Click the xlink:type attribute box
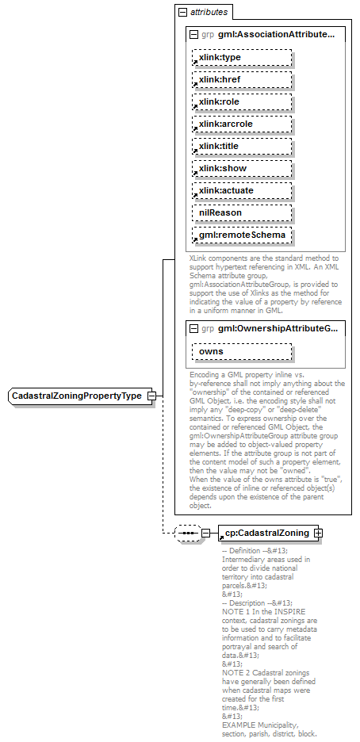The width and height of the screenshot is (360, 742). tap(241, 58)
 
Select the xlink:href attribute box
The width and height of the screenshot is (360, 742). tap(241, 80)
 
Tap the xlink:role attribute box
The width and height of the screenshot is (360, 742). tap(241, 102)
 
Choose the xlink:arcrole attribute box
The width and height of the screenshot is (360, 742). tap(241, 124)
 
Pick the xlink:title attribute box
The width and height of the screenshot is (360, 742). tap(241, 147)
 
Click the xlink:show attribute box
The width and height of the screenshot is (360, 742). tap(241, 169)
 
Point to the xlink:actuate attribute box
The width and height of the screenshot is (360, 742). tap(241, 191)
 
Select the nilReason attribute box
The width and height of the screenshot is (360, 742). tap(241, 213)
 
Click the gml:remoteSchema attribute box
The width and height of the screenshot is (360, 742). tap(241, 235)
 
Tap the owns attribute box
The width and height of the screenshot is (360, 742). tap(241, 351)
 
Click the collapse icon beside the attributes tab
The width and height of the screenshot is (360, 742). tap(183, 12)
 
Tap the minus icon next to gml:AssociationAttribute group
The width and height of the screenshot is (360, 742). tap(193, 34)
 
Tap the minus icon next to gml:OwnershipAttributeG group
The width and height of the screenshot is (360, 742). tap(193, 327)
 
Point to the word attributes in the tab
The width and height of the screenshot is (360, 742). tap(209, 12)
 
